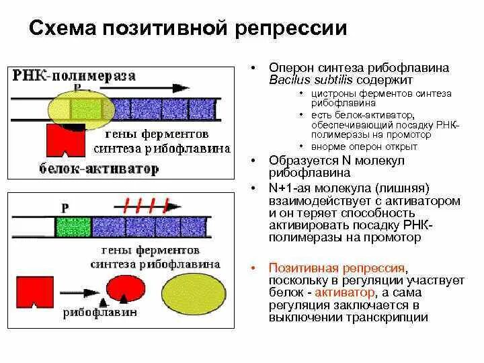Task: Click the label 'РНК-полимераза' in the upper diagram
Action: [x=73, y=75]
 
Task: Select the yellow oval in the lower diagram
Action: [x=194, y=290]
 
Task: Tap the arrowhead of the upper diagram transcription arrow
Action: [x=181, y=87]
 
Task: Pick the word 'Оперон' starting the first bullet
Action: [x=290, y=68]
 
